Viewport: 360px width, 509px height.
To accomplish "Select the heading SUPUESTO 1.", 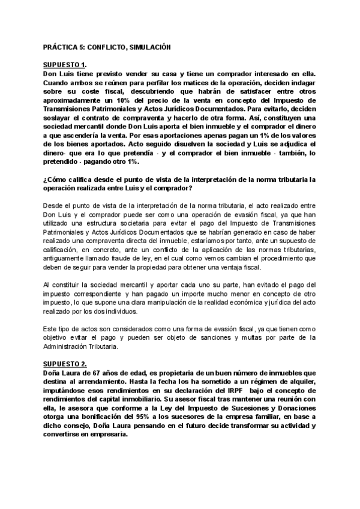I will tap(66, 65).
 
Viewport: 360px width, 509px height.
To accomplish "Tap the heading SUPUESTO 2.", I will tap(66, 364).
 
